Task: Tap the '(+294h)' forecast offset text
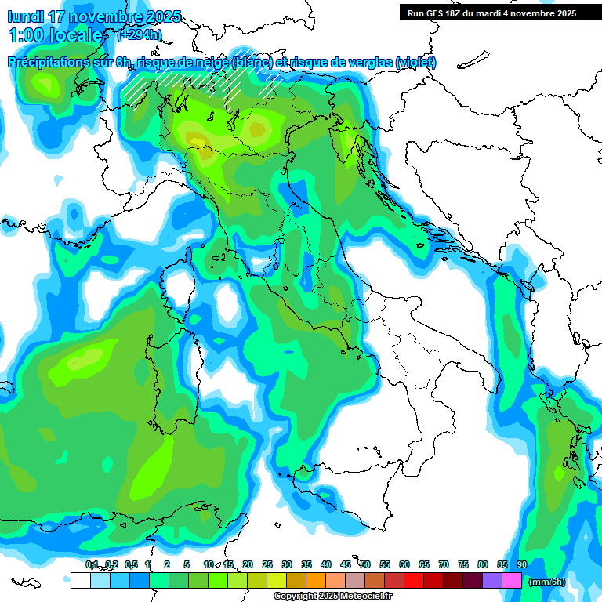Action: click(x=140, y=34)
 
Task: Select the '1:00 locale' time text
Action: click(x=56, y=35)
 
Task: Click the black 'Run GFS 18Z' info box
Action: click(x=491, y=13)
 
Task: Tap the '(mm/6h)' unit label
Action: click(x=547, y=582)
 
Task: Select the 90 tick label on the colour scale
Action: click(x=521, y=564)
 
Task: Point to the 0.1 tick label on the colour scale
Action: click(x=92, y=564)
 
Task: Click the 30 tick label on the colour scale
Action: click(x=287, y=564)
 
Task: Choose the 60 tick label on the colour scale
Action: click(x=404, y=564)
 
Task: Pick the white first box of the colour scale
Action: click(x=80, y=581)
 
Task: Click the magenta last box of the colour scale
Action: click(x=512, y=581)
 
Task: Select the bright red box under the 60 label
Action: click(x=414, y=581)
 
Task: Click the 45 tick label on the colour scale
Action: click(x=346, y=564)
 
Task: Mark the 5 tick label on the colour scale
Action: click(x=187, y=564)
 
